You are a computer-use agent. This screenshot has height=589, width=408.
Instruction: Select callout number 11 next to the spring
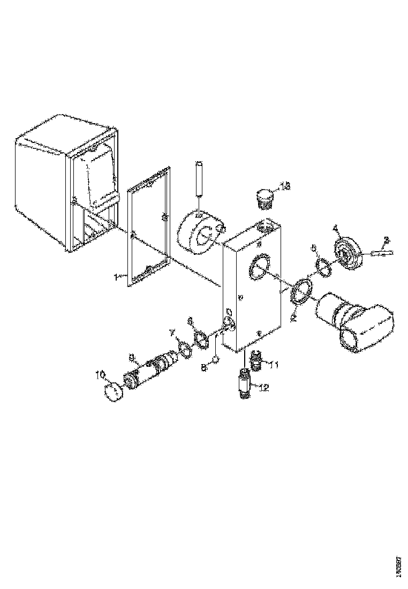(273, 365)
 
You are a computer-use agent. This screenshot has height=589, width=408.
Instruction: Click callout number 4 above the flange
(336, 229)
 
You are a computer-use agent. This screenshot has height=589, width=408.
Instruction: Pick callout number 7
(172, 333)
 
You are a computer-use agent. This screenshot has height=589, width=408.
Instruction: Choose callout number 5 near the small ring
(314, 248)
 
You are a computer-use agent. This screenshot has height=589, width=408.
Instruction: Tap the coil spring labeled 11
(255, 360)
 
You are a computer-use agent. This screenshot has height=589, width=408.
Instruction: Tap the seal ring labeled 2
(302, 292)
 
